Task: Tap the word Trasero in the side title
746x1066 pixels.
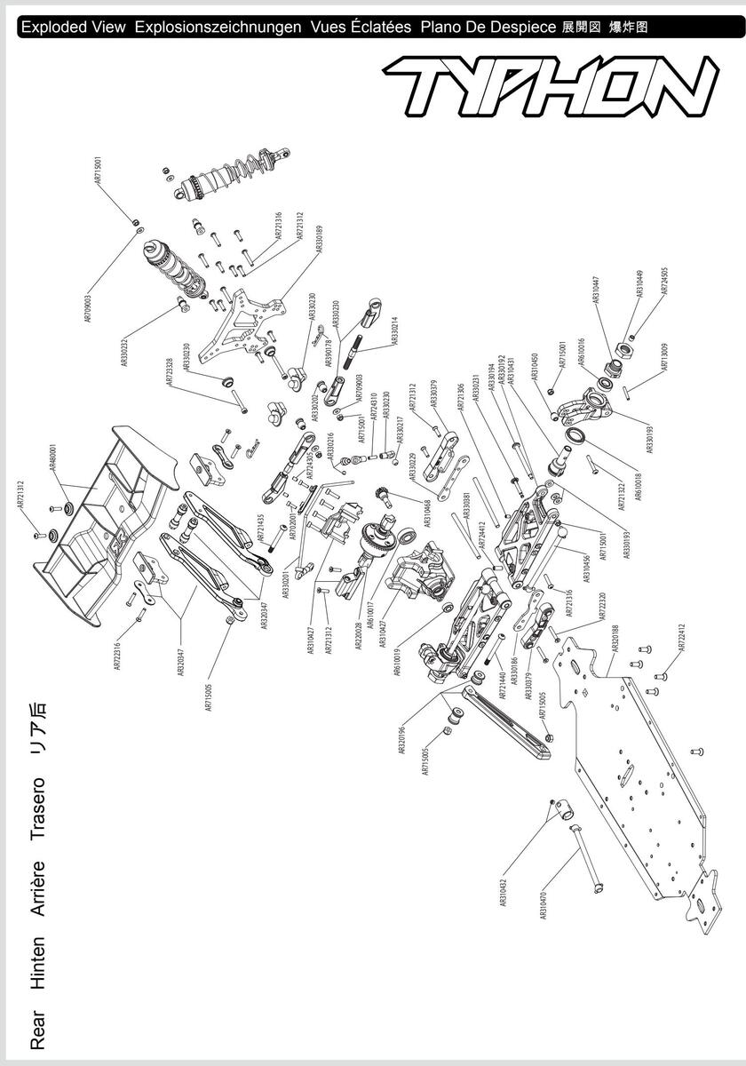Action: coord(37,809)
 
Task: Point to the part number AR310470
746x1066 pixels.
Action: coord(544,900)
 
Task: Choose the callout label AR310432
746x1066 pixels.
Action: coord(504,887)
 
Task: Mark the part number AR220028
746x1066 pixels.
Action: coord(358,632)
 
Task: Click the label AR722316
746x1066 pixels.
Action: coord(118,652)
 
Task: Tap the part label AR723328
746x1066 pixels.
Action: coord(170,372)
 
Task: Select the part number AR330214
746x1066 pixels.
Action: coord(394,331)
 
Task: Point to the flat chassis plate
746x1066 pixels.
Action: coord(639,782)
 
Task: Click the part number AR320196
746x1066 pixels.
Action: coord(402,739)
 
